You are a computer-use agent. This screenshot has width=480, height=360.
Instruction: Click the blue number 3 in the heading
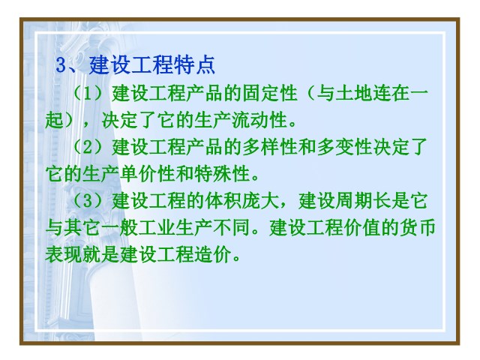pyautogui.click(x=61, y=65)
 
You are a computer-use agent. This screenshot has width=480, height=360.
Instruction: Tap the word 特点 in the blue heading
pyautogui.click(x=195, y=65)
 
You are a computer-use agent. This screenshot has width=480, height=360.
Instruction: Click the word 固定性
pyautogui.click(x=270, y=93)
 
